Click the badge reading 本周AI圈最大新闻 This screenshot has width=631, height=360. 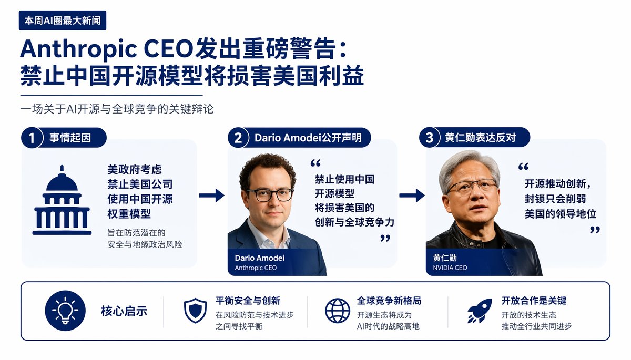(x=63, y=20)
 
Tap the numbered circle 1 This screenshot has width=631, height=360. (x=32, y=138)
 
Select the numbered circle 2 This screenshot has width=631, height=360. (x=238, y=138)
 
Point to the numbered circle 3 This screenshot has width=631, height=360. (x=430, y=138)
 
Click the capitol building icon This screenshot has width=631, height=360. (x=62, y=200)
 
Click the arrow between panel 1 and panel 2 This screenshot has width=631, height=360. (x=211, y=196)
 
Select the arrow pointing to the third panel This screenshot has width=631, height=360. (x=412, y=196)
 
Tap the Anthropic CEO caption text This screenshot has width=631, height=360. (x=256, y=268)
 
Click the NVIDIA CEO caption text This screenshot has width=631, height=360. (x=450, y=268)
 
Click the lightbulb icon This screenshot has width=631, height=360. (x=65, y=311)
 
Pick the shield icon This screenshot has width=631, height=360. (x=195, y=311)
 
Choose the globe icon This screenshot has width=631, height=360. (x=338, y=311)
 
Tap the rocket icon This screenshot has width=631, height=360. (x=480, y=311)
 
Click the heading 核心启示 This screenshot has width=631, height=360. (x=124, y=311)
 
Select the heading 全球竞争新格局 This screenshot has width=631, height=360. (x=389, y=301)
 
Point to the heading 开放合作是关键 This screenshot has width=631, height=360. (x=534, y=301)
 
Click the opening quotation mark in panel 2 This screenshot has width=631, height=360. (x=315, y=163)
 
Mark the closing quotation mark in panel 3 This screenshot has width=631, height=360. (x=595, y=230)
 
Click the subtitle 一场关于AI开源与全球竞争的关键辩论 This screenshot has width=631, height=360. (x=117, y=109)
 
